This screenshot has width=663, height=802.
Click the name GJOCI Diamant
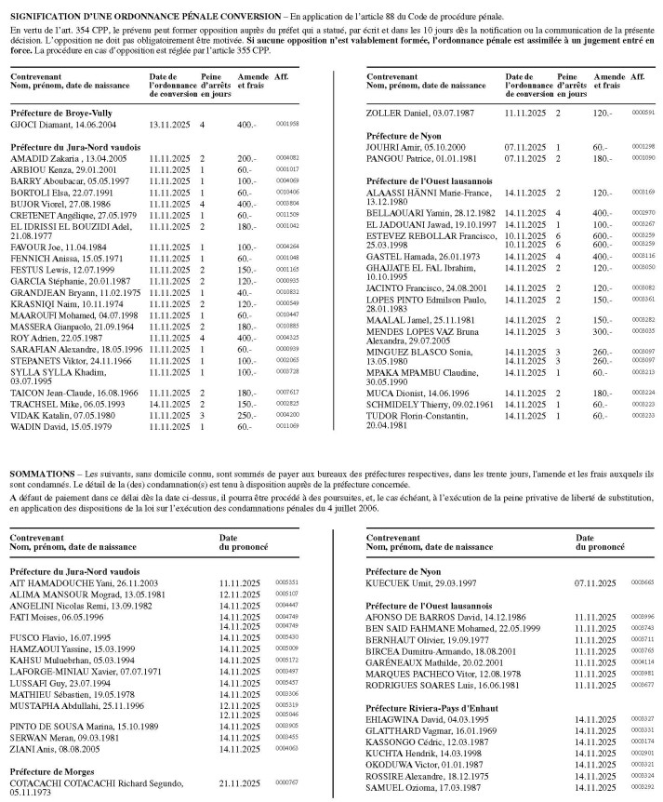click(60, 124)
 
